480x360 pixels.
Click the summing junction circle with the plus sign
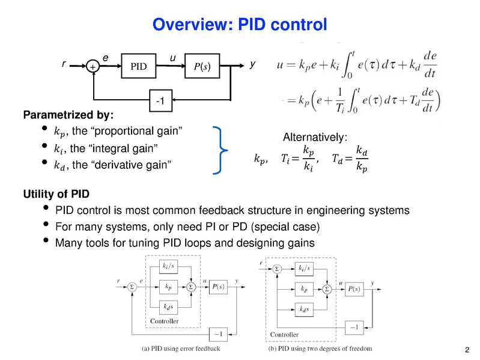[x=93, y=67]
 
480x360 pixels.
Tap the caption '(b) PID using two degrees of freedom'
[x=320, y=348]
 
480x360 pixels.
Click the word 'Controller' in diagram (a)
[x=164, y=322]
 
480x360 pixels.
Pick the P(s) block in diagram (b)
[x=354, y=288]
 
